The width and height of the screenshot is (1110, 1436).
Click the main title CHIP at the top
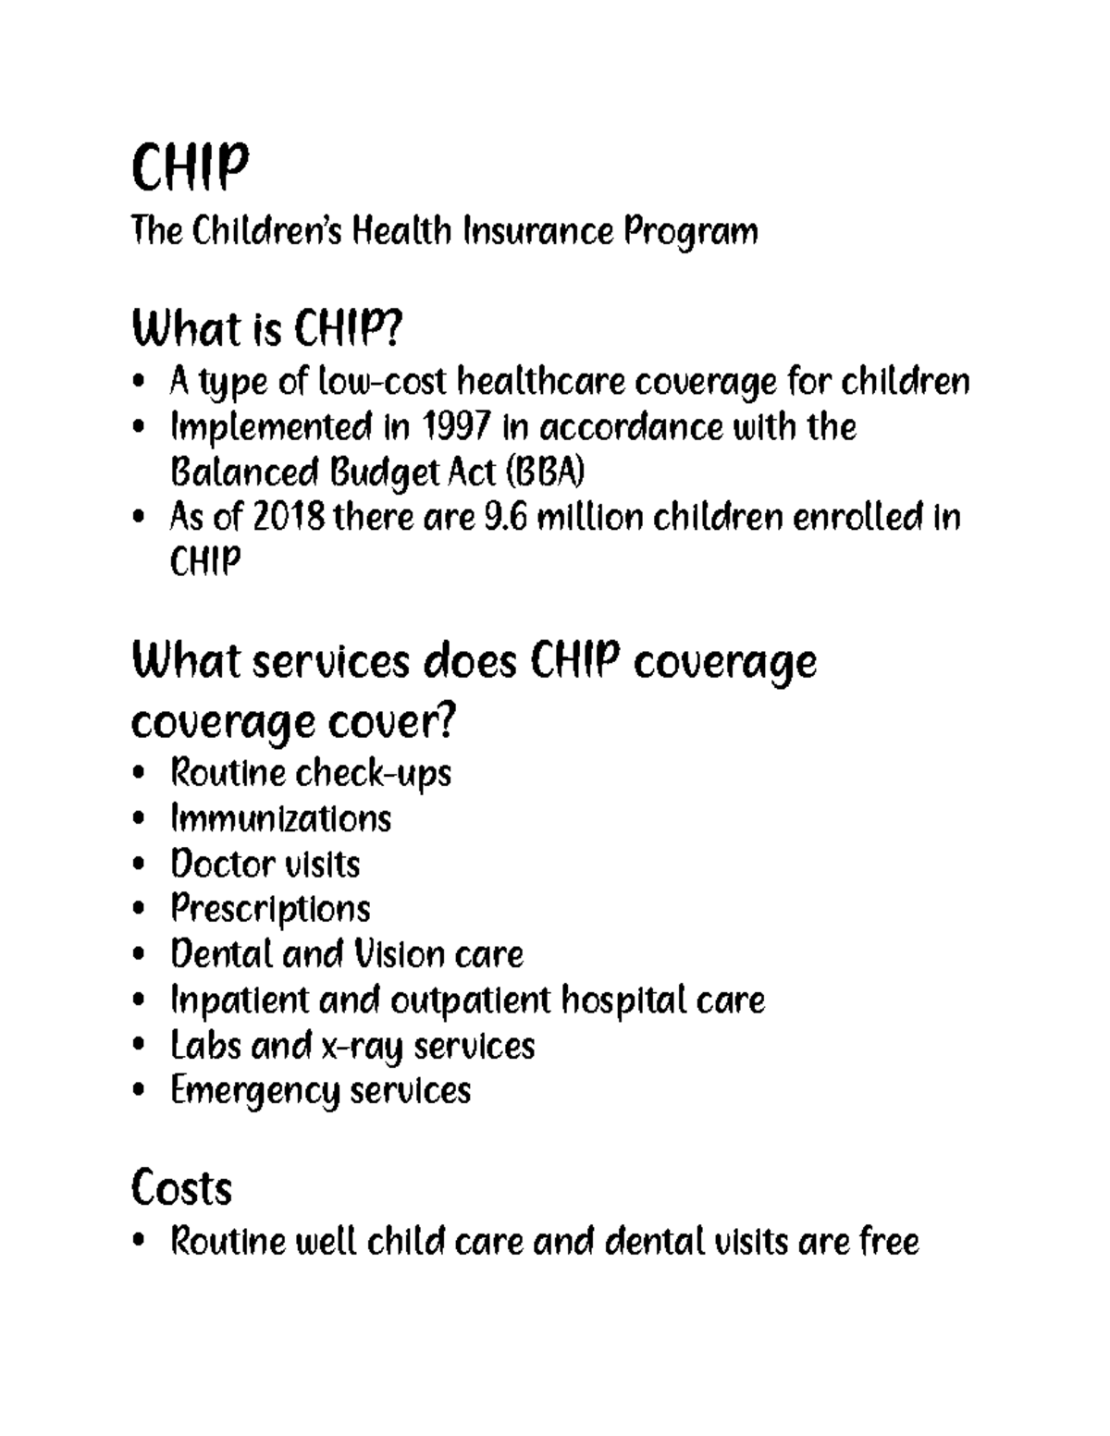pos(191,167)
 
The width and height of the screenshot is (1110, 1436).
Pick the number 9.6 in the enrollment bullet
pos(505,517)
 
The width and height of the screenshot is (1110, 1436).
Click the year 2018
pos(288,517)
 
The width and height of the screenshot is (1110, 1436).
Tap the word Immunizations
pos(280,818)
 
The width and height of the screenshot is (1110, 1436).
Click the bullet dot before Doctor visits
pos(139,865)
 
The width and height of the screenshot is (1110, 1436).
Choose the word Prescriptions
pos(270,909)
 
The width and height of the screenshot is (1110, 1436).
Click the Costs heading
pos(181,1187)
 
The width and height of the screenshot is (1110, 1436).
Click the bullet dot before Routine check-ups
pos(139,773)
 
